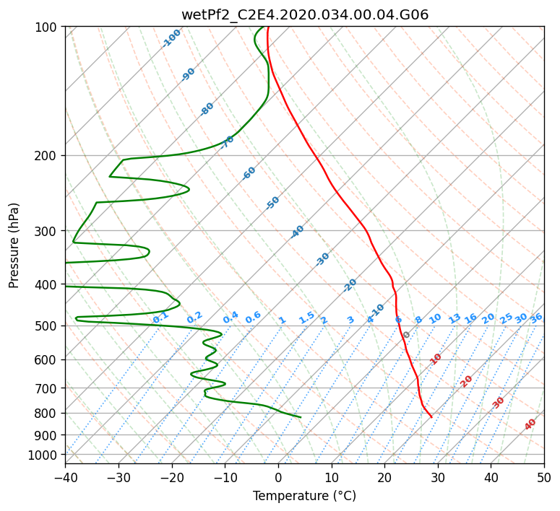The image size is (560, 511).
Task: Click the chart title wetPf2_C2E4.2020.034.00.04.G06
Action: pyautogui.click(x=305, y=14)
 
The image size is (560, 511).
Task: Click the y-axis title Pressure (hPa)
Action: pyautogui.click(x=14, y=245)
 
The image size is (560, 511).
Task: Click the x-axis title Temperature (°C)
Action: pyautogui.click(x=305, y=496)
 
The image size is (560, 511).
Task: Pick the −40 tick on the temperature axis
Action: pyautogui.click(x=65, y=478)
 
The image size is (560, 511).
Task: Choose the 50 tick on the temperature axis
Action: pyautogui.click(x=544, y=478)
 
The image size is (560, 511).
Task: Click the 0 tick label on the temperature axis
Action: pyautogui.click(x=279, y=478)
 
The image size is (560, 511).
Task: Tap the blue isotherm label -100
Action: pyautogui.click(x=171, y=38)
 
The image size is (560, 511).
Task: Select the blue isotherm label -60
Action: pyautogui.click(x=249, y=172)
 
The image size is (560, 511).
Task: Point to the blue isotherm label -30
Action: pyautogui.click(x=322, y=259)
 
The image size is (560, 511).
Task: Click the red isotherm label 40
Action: pyautogui.click(x=530, y=424)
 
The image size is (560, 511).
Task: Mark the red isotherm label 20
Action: pyautogui.click(x=466, y=382)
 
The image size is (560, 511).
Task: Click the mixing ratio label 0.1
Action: pyautogui.click(x=160, y=318)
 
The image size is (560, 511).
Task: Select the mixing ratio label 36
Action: pyautogui.click(x=536, y=318)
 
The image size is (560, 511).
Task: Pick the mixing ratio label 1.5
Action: pyautogui.click(x=307, y=318)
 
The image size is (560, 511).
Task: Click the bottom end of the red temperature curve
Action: pyautogui.click(x=432, y=416)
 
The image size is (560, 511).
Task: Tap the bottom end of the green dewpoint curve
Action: pyautogui.click(x=301, y=416)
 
